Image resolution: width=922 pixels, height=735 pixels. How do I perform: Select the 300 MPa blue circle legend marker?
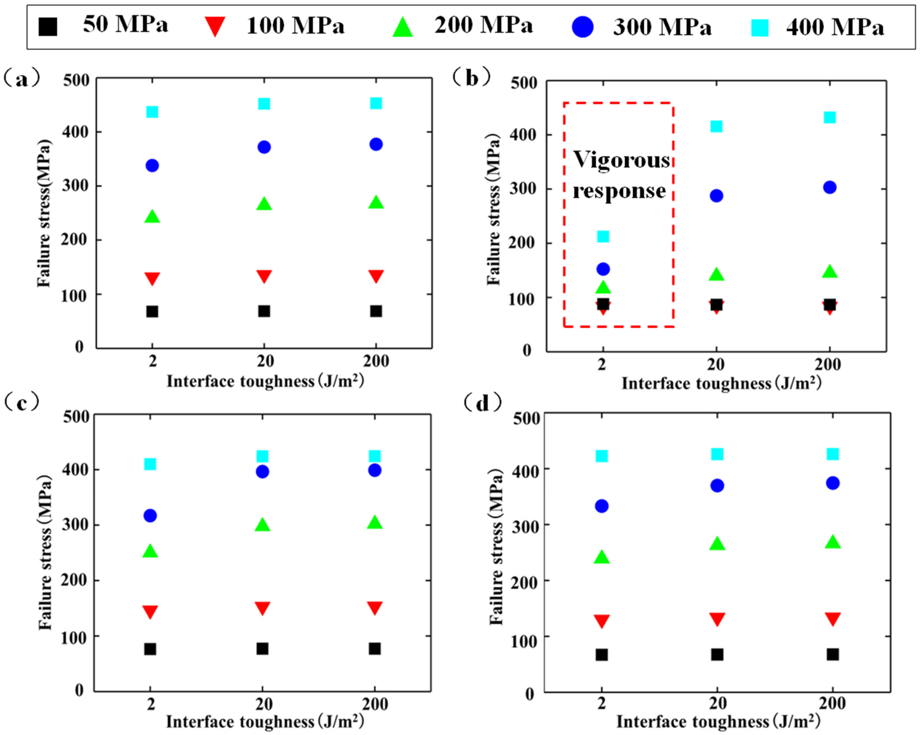582,26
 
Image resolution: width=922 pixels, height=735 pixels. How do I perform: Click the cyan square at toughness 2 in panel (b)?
603,236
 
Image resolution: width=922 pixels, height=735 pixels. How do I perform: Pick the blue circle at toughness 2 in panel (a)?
152,165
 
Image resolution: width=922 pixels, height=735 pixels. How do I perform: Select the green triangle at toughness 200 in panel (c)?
375,523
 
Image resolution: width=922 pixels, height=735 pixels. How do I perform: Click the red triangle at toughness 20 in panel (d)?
717,619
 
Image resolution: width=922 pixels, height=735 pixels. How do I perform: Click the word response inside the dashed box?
619,191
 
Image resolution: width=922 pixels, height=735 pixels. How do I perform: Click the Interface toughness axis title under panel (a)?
265,381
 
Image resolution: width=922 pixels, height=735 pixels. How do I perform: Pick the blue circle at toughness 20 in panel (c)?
262,472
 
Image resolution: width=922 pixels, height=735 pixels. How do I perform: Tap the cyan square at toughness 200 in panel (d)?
833,454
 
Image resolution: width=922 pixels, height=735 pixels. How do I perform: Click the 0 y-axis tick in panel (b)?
527,350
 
